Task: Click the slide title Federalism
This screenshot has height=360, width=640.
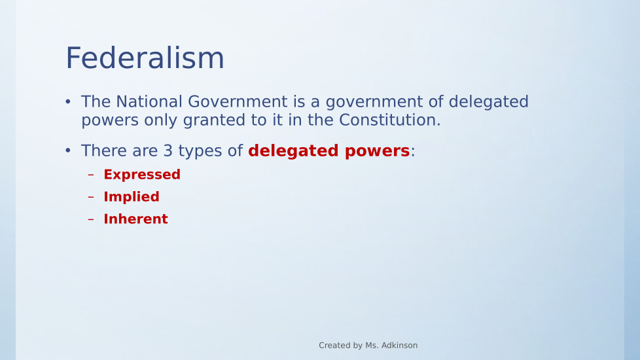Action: (145, 58)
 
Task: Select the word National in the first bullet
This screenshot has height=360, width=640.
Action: (149, 101)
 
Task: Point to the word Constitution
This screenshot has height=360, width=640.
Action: (389, 120)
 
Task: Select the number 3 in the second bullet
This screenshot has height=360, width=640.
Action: (168, 151)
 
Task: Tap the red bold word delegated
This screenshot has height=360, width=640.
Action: (293, 151)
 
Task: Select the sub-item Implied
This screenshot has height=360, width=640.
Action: (132, 197)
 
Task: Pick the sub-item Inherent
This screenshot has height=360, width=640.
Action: (135, 219)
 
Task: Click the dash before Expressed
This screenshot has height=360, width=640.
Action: (90, 175)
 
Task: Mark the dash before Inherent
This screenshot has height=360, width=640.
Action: (90, 219)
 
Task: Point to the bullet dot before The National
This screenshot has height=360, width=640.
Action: (68, 101)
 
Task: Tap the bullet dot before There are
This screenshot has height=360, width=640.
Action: (68, 151)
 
